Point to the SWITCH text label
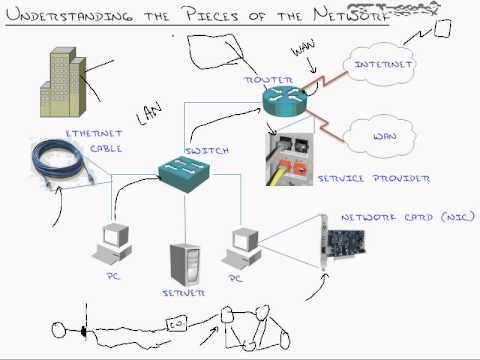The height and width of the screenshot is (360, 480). (x=207, y=151)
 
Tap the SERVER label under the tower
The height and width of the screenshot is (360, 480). (x=183, y=295)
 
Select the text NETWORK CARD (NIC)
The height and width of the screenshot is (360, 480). (x=394, y=216)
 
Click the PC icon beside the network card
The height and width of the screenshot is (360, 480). (x=245, y=246)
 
